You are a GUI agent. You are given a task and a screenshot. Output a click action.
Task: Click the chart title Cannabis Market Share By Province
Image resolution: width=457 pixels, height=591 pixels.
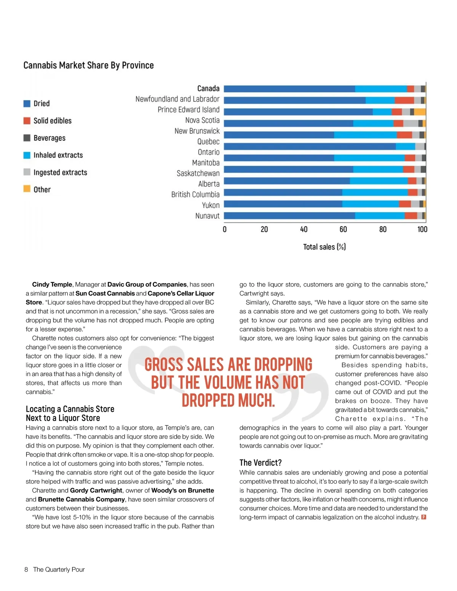click(x=88, y=65)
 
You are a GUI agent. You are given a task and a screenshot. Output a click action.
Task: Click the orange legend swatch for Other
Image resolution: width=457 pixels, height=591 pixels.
click(x=27, y=189)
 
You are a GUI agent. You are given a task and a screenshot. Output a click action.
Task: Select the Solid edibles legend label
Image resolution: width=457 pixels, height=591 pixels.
click(x=53, y=121)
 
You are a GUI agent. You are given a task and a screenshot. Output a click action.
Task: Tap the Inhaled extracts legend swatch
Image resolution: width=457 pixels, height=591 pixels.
click(x=27, y=155)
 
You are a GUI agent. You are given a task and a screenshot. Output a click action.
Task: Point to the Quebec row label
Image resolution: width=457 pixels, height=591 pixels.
click(x=208, y=142)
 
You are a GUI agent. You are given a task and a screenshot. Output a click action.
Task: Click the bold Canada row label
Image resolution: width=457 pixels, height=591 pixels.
click(x=208, y=88)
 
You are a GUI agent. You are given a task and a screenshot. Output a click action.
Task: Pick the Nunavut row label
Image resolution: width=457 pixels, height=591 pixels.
click(x=208, y=216)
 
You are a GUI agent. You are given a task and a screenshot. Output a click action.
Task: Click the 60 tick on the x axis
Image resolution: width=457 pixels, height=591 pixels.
click(x=343, y=229)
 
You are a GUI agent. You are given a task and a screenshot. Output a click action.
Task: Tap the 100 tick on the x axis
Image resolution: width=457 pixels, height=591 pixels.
click(x=422, y=229)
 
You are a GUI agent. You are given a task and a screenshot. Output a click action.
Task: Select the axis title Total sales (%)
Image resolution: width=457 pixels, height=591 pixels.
click(x=324, y=247)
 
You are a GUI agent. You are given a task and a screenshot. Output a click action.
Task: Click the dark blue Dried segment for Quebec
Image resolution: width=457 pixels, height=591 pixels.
click(x=309, y=147)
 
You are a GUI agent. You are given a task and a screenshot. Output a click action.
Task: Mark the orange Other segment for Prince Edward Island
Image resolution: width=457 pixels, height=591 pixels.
click(x=420, y=112)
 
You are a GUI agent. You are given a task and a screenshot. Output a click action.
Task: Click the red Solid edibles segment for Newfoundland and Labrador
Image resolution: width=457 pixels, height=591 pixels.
click(x=404, y=100)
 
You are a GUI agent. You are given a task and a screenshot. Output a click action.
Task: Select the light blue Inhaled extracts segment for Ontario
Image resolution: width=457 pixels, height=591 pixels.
click(x=369, y=158)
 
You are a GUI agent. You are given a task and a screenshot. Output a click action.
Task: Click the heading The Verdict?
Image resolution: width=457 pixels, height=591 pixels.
click(x=260, y=463)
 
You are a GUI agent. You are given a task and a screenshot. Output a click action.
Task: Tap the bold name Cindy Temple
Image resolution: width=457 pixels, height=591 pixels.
click(x=52, y=284)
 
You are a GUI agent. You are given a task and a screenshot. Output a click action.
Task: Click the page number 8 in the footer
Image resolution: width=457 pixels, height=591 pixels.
click(x=26, y=569)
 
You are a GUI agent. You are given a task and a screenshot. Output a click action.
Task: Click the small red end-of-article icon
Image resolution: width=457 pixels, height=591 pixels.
click(x=423, y=517)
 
